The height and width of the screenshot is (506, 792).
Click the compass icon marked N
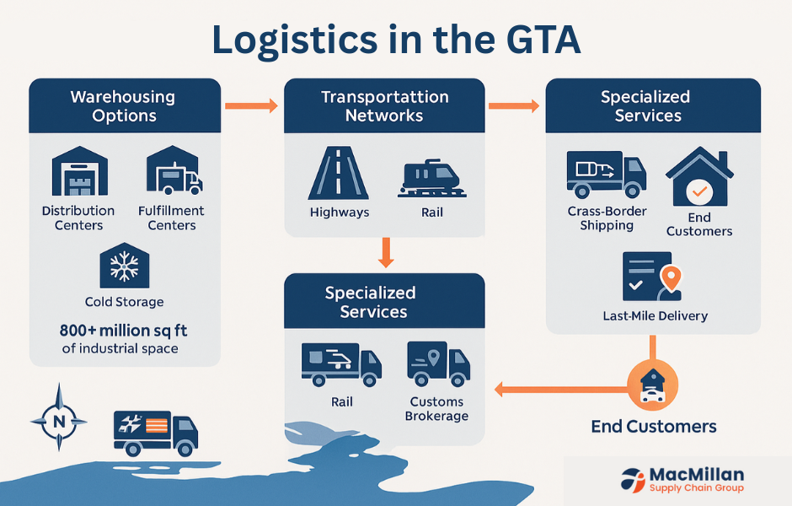click(x=58, y=417)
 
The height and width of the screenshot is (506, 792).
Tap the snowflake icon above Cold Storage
click(x=124, y=266)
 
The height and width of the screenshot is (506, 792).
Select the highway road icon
click(x=339, y=173)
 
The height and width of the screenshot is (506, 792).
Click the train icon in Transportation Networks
click(x=431, y=177)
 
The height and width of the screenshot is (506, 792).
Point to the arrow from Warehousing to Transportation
click(x=251, y=105)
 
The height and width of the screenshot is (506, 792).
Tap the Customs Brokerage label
click(x=436, y=409)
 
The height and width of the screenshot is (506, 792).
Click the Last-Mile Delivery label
click(x=655, y=316)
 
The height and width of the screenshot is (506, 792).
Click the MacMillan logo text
click(x=696, y=476)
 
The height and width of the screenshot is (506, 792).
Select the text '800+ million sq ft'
click(x=124, y=331)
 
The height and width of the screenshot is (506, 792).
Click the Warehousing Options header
click(x=125, y=105)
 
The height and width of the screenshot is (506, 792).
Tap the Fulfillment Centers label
click(x=171, y=218)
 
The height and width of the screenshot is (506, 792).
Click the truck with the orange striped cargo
click(x=155, y=429)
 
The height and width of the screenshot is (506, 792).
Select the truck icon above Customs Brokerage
click(x=437, y=363)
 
